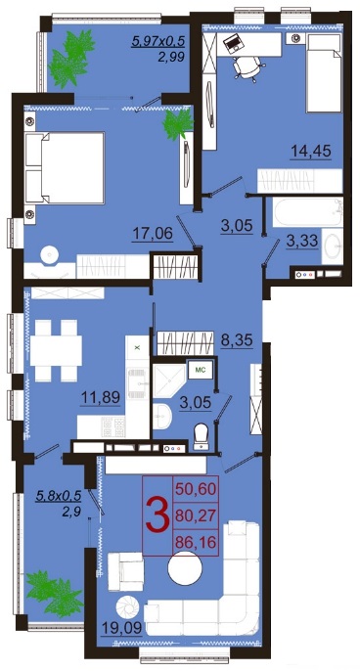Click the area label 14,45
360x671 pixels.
(311, 151)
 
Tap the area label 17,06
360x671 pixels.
(153, 234)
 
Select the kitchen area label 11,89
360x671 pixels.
(101, 397)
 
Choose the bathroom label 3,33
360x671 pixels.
(302, 241)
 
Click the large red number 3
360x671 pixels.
(157, 514)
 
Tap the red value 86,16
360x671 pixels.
(195, 543)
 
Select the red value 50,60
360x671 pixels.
(195, 488)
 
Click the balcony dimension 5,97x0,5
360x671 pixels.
(158, 41)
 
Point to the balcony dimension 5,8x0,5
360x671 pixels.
(59, 496)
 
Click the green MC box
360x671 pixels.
(200, 370)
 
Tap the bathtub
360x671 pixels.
(307, 212)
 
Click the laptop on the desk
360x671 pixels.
(234, 43)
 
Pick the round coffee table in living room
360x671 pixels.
(185, 568)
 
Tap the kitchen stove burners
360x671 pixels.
(113, 426)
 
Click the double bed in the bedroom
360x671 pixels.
(65, 167)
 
